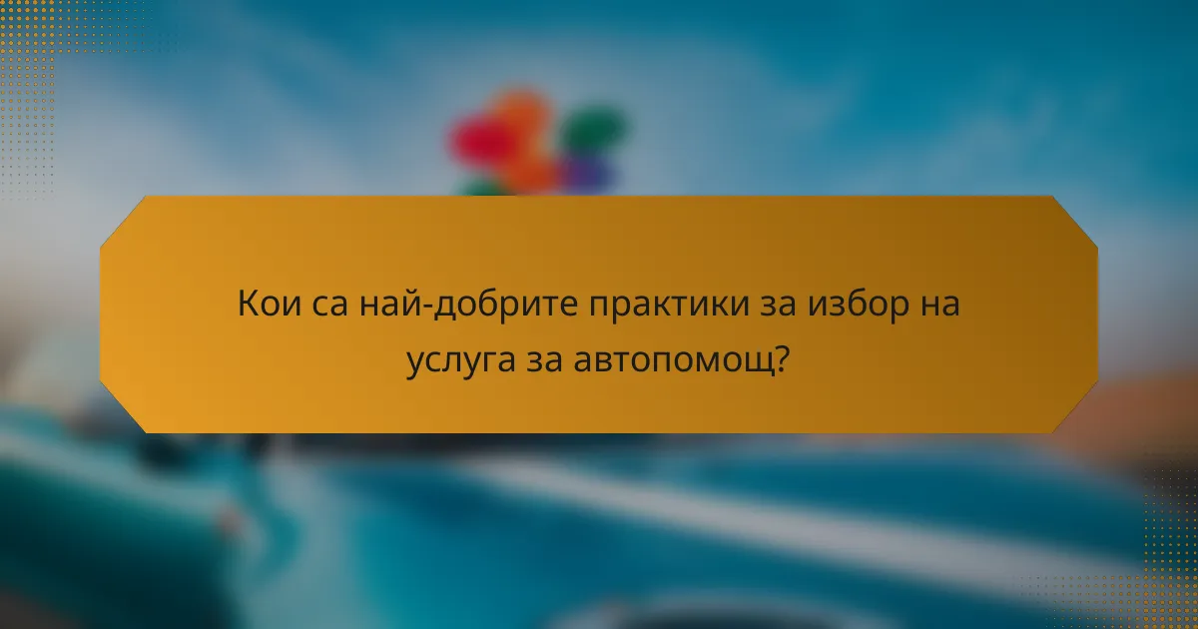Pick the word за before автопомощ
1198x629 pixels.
(547, 360)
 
